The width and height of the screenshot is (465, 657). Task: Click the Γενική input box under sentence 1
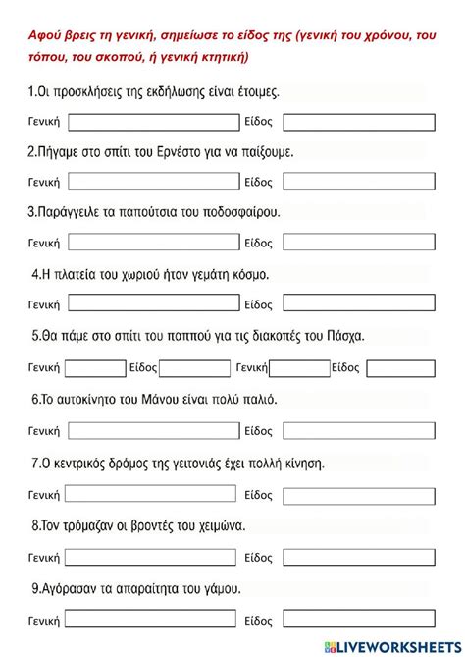point(153,122)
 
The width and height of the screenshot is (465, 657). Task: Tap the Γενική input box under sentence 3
point(153,243)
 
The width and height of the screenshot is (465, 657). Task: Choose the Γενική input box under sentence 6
point(153,431)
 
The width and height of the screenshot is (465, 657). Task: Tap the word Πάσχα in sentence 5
point(344,336)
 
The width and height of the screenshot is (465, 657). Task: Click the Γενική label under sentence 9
point(44,621)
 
